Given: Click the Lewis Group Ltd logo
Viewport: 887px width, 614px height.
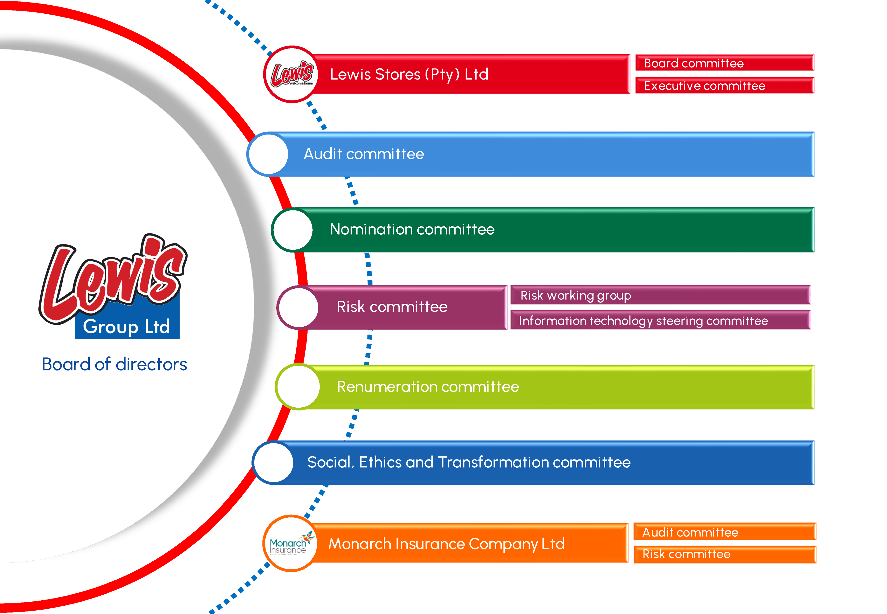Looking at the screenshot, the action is tap(112, 287).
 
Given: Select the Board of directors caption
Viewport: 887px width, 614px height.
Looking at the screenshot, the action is tap(114, 364).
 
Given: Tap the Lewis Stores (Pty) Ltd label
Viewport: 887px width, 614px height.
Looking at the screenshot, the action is tap(409, 74).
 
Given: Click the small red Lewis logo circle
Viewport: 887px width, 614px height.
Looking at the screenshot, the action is tap(292, 74).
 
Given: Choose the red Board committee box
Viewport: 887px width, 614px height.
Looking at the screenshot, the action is tap(725, 63).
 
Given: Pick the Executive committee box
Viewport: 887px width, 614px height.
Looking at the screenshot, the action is tap(725, 85).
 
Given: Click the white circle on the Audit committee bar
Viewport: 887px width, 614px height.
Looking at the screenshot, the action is tap(268, 154).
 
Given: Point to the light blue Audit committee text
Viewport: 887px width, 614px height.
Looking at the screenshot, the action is tap(364, 154).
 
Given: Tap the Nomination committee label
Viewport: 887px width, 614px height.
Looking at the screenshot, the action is tap(412, 229).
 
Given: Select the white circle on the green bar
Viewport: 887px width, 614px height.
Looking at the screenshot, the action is tap(292, 230).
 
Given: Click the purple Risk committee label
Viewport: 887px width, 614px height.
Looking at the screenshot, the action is tap(392, 307).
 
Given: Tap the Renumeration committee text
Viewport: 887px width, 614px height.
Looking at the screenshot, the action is tap(428, 387).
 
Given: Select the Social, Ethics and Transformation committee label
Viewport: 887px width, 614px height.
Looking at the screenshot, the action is tap(469, 462).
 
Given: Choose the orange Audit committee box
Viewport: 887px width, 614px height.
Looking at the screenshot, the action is tap(725, 532).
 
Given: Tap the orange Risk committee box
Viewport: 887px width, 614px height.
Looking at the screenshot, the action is tap(725, 554).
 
